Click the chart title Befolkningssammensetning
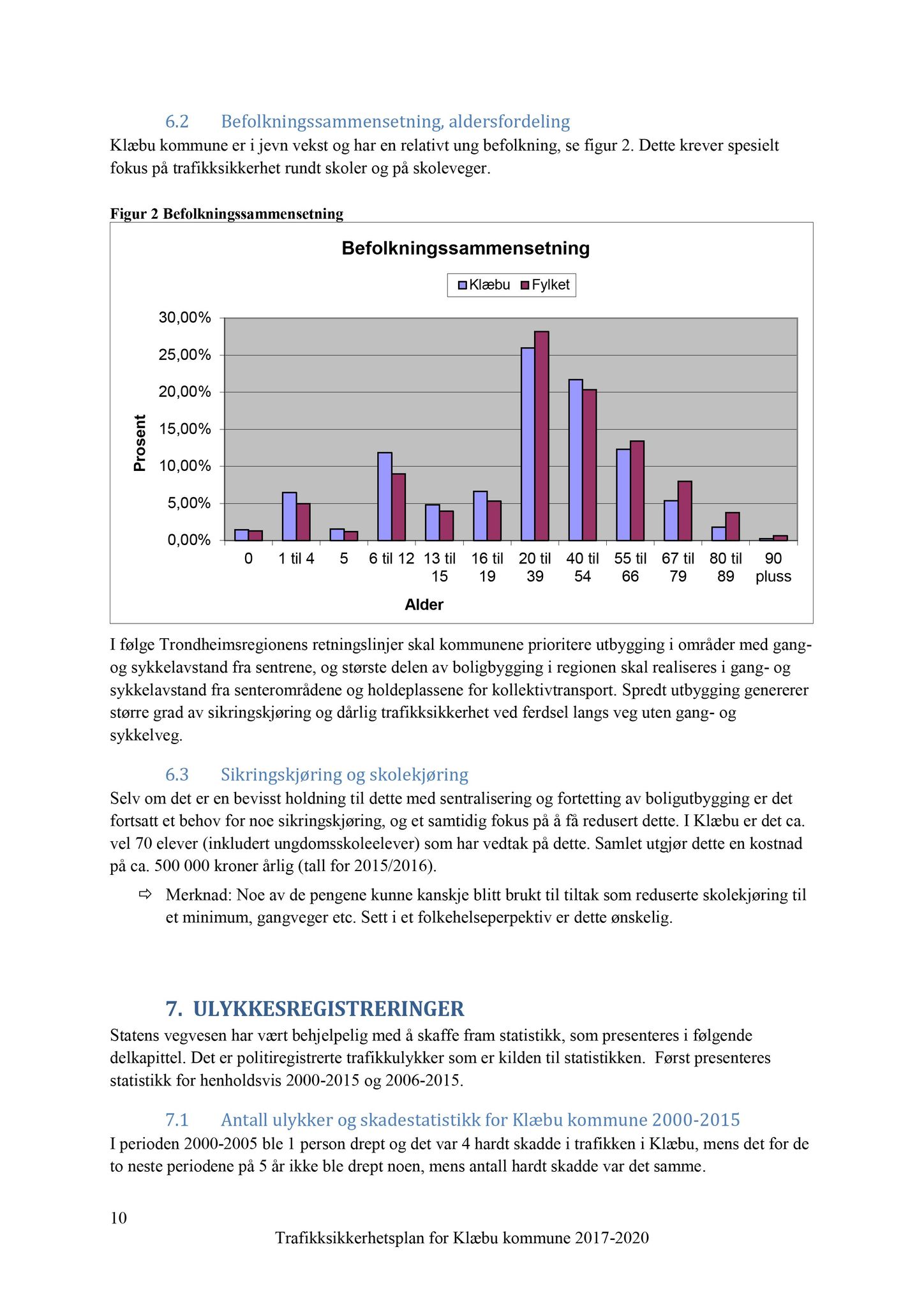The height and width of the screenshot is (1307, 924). click(465, 248)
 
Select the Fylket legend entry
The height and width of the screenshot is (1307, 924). click(545, 285)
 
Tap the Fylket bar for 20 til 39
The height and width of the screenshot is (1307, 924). click(542, 436)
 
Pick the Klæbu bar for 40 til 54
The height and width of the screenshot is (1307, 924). click(576, 460)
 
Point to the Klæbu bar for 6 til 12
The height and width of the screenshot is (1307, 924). click(385, 497)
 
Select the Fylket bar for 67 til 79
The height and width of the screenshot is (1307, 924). click(685, 511)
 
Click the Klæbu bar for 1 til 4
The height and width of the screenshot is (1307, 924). click(289, 516)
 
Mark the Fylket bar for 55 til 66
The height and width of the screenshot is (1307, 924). click(637, 491)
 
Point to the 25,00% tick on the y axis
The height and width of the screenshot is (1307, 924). click(185, 355)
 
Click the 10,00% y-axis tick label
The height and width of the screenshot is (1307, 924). click(185, 467)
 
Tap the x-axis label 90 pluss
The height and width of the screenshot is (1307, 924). click(773, 567)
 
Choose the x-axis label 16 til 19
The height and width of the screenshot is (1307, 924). click(488, 567)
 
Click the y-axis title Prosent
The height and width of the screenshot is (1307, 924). click(140, 444)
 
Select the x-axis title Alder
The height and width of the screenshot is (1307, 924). click(424, 605)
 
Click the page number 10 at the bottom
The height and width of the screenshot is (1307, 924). click(119, 1218)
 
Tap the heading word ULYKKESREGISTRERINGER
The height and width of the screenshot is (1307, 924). click(329, 1009)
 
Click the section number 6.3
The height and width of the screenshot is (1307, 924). click(177, 775)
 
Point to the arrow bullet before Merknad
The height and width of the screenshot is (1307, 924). click(145, 895)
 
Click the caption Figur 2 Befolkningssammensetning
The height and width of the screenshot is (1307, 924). click(227, 214)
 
